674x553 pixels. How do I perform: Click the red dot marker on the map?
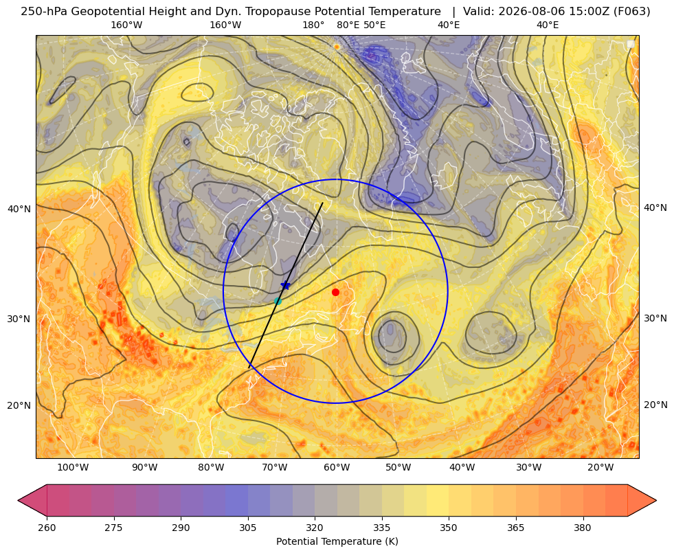pyautogui.click(x=335, y=292)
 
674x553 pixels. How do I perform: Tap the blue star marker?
pyautogui.click(x=285, y=285)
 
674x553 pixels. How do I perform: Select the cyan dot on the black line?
pyautogui.click(x=278, y=301)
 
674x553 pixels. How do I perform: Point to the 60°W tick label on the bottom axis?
pyautogui.click(x=337, y=468)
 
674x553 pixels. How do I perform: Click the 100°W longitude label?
pyautogui.click(x=73, y=468)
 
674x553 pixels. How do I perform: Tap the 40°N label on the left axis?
pyautogui.click(x=19, y=210)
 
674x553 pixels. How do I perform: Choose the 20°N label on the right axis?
pyautogui.click(x=655, y=405)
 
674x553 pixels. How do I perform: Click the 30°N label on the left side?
pyautogui.click(x=19, y=319)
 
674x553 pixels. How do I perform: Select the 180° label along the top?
pyautogui.click(x=313, y=25)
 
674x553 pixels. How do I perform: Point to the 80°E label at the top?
pyautogui.click(x=348, y=25)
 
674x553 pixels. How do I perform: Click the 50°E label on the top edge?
pyautogui.click(x=374, y=25)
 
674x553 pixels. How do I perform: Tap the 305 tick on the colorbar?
pyautogui.click(x=247, y=528)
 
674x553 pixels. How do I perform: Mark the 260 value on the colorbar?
pyautogui.click(x=47, y=528)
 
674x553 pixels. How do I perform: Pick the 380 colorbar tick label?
pyautogui.click(x=583, y=528)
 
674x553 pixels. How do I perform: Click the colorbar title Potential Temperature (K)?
pyautogui.click(x=337, y=541)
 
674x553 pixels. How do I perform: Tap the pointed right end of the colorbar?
pyautogui.click(x=655, y=500)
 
